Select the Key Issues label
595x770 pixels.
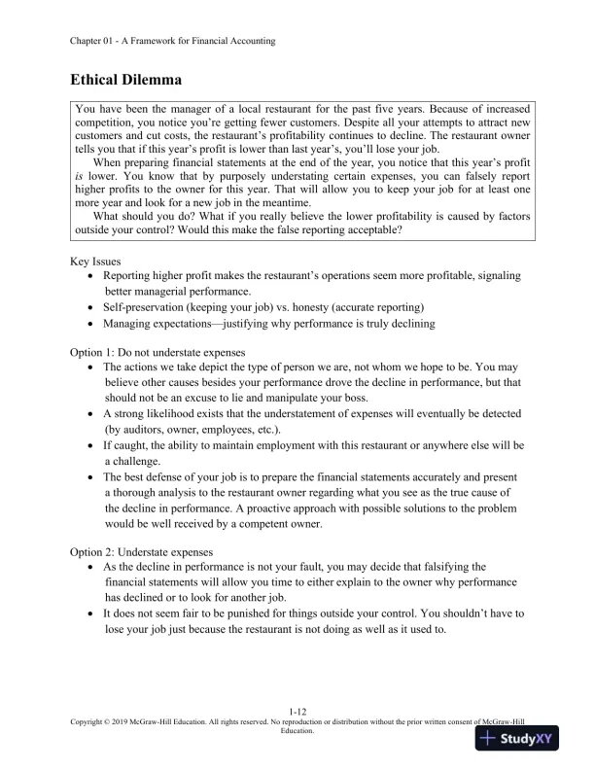click(95, 262)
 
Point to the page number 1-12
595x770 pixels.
click(297, 713)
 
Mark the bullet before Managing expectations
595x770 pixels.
click(90, 324)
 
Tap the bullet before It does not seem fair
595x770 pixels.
click(90, 613)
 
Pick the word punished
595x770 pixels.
click(256, 613)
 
